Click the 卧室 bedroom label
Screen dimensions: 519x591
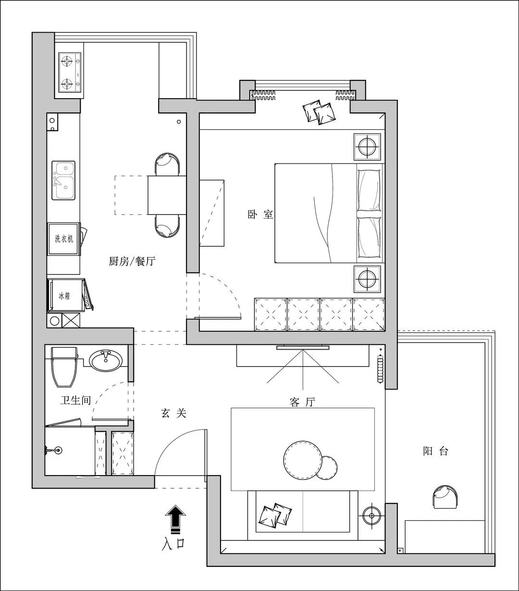tap(260, 214)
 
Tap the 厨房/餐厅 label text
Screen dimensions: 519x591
tap(132, 261)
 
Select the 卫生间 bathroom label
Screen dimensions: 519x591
tap(76, 400)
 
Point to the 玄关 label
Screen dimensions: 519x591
tap(173, 413)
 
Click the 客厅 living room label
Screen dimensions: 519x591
tap(302, 402)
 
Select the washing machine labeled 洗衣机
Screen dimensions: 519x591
tap(64, 239)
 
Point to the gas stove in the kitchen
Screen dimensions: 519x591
tap(70, 72)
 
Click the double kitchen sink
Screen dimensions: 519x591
tap(63, 180)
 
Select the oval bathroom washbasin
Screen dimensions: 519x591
tap(105, 361)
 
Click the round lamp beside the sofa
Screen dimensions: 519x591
tap(371, 516)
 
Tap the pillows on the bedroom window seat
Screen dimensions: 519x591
tap(320, 112)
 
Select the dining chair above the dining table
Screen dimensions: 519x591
tap(167, 164)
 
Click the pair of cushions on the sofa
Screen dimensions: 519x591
tap(275, 515)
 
